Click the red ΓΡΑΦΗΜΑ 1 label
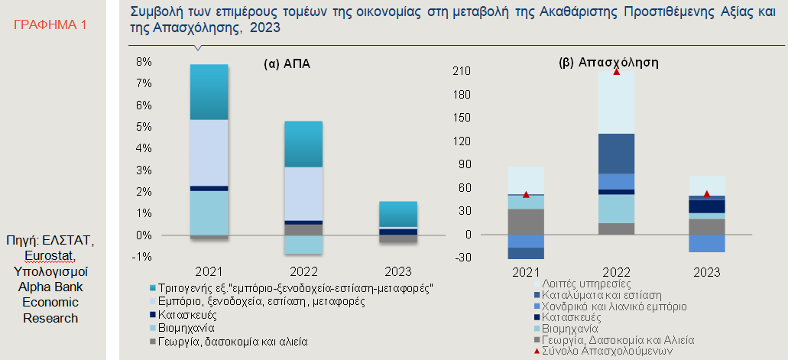tap(50, 24)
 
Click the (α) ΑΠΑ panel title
tap(287, 65)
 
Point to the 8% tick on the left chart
tap(144, 62)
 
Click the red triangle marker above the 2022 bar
tap(616, 71)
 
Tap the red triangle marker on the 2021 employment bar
tap(526, 195)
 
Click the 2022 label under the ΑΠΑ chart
tap(304, 272)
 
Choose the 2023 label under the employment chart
tap(706, 273)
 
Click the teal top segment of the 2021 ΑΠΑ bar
tap(209, 92)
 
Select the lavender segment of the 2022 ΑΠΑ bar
tap(303, 193)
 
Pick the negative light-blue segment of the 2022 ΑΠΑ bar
tap(303, 245)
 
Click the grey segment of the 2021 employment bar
tap(526, 222)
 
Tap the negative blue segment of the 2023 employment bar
tap(706, 243)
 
